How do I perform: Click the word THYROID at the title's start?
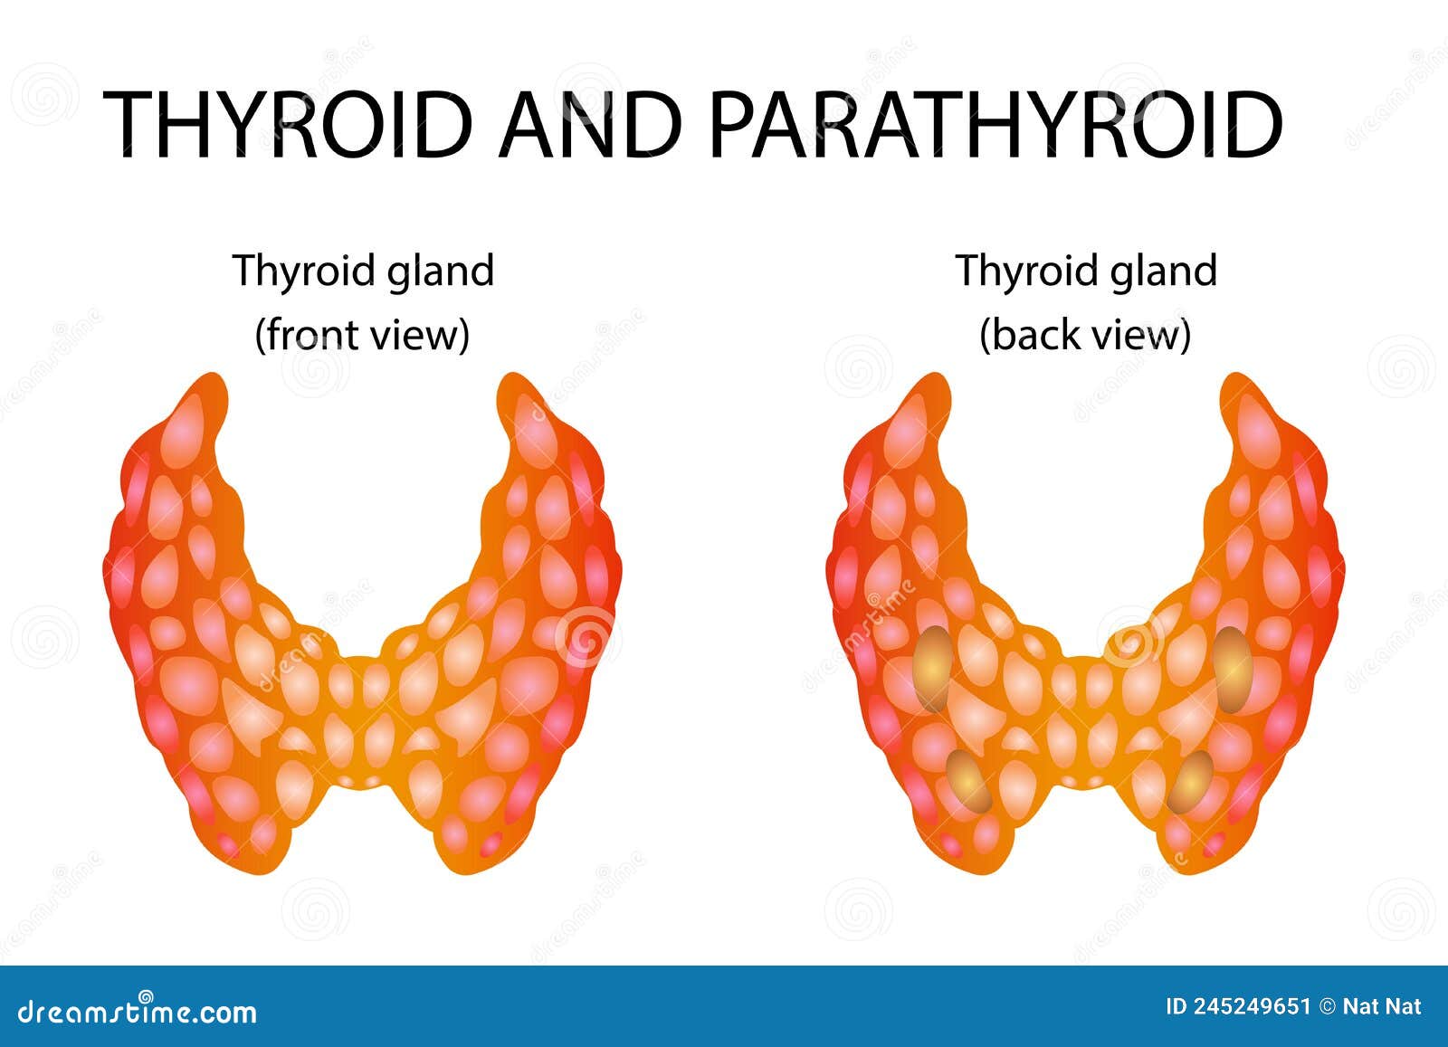(x=289, y=124)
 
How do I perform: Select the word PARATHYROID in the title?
(x=995, y=124)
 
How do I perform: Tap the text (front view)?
(x=362, y=335)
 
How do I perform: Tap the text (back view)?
(x=1085, y=335)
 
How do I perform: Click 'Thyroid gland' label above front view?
(x=363, y=271)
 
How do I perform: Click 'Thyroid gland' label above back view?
(x=1086, y=271)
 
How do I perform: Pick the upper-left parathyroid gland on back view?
(x=932, y=669)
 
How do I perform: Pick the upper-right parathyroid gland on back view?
(x=1233, y=669)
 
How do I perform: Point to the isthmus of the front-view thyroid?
(x=362, y=715)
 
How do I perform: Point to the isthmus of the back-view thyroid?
(x=1086, y=715)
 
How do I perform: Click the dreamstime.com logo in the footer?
(x=138, y=1010)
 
